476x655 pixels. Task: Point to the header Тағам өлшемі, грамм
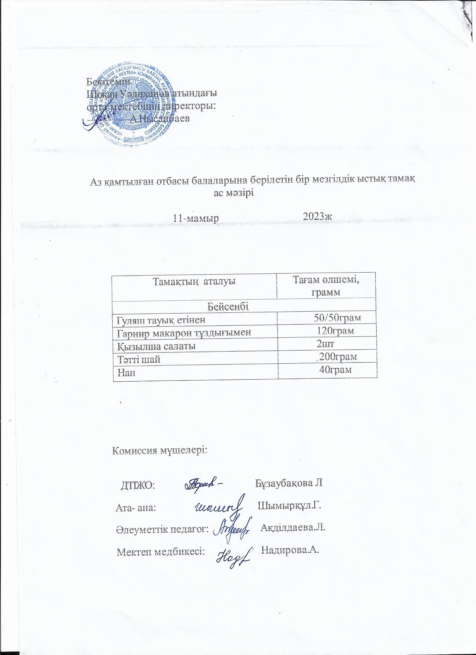pos(326,286)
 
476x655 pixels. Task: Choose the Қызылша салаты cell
pos(156,346)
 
